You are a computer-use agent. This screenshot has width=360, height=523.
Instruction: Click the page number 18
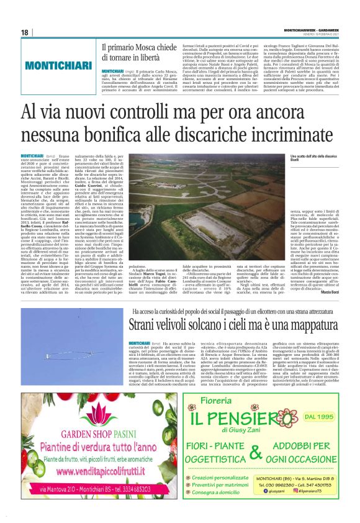pos(25,32)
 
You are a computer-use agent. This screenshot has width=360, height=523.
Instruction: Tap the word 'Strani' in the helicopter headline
pos(144,325)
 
